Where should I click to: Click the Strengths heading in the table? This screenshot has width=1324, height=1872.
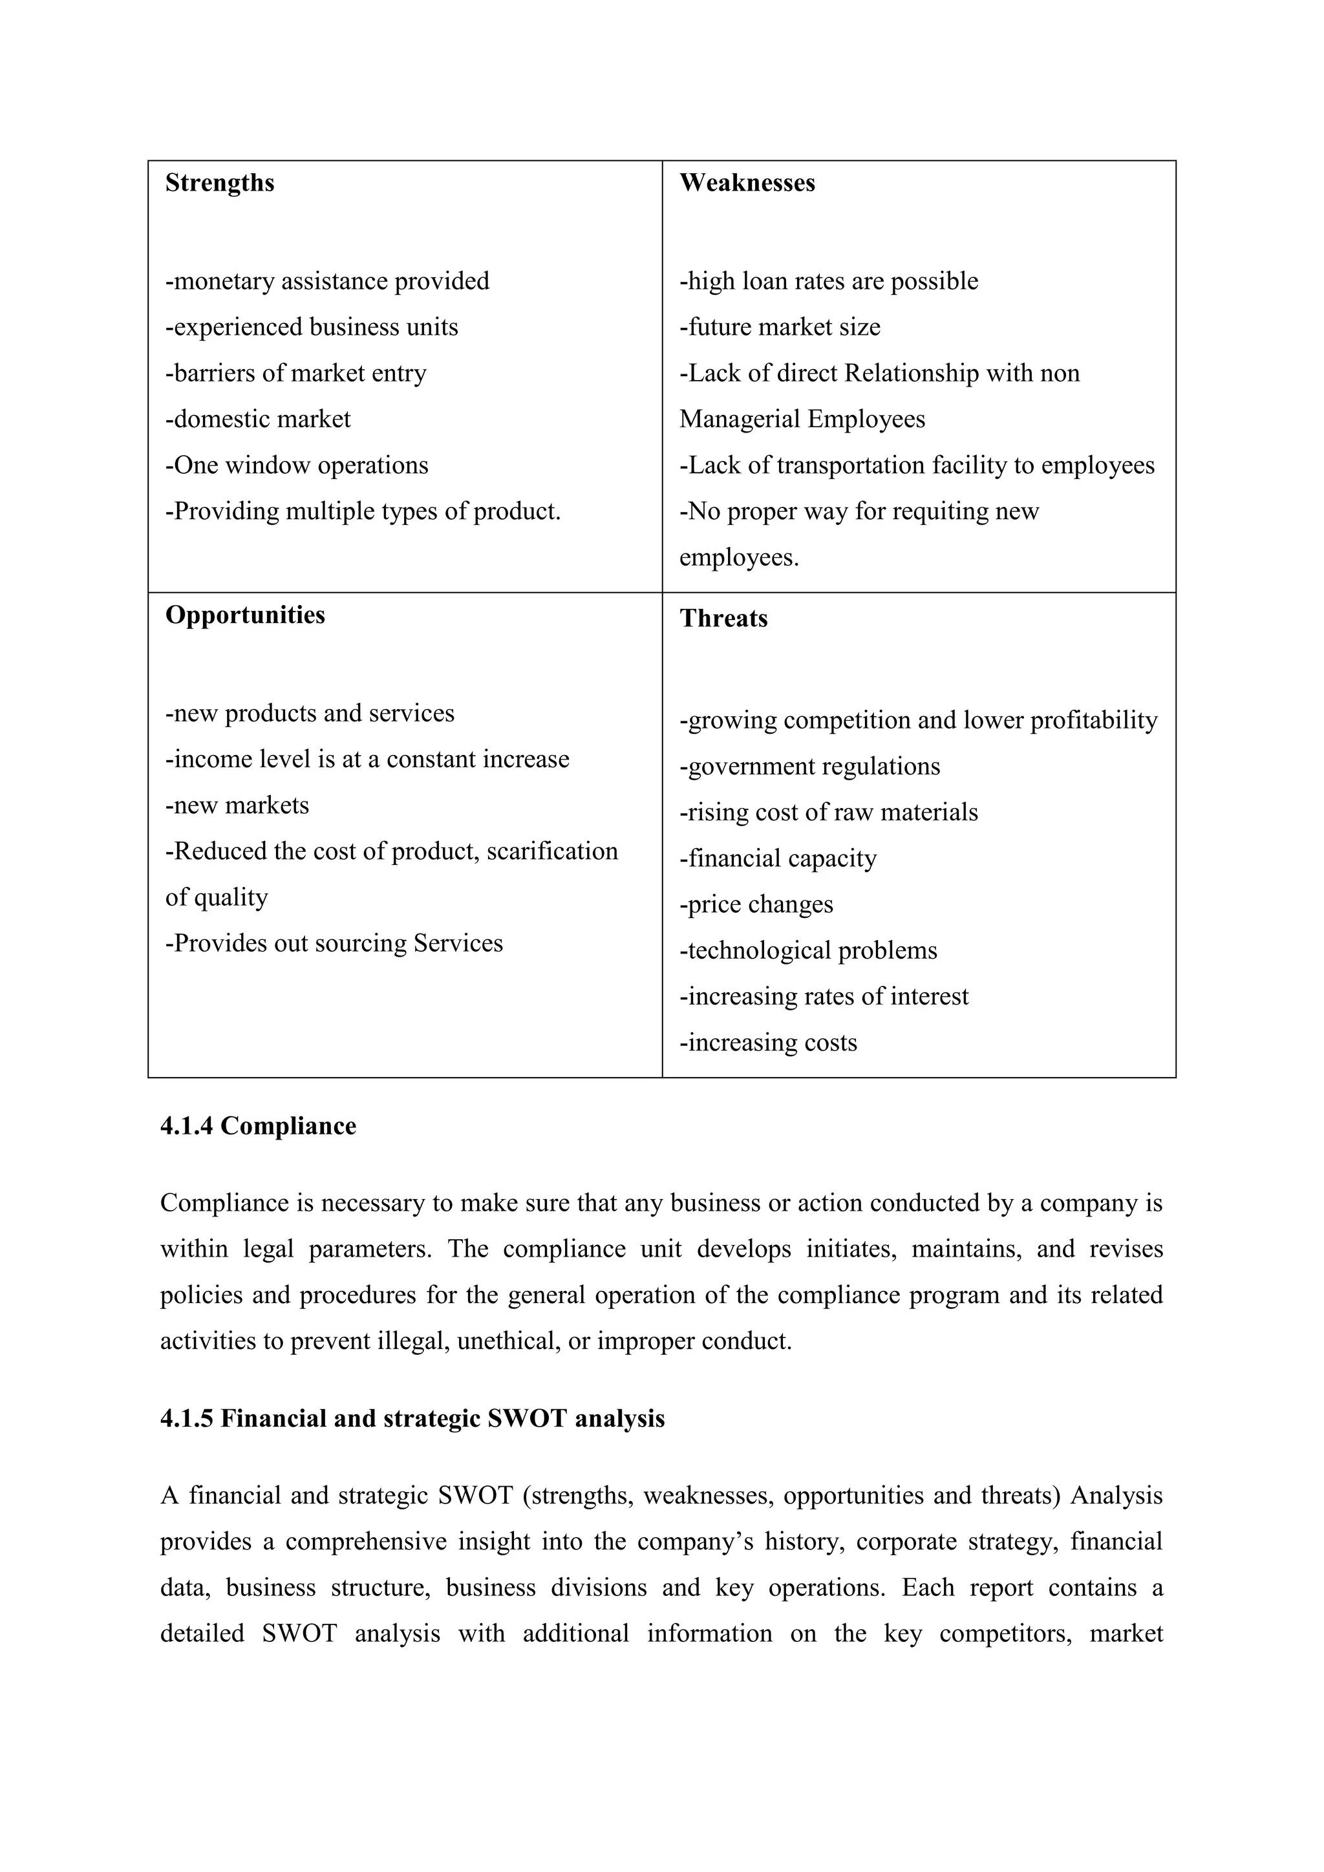pos(219,183)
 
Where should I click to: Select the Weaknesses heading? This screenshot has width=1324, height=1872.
pos(747,183)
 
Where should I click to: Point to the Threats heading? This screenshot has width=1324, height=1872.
pos(723,619)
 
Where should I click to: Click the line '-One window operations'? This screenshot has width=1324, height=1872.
pos(297,465)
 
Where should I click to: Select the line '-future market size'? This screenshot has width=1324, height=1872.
pos(780,327)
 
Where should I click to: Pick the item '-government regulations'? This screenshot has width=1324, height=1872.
pos(809,767)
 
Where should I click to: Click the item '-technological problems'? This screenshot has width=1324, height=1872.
pos(808,951)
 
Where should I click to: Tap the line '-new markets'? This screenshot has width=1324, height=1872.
pos(237,805)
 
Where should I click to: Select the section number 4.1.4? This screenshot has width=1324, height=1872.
pos(187,1126)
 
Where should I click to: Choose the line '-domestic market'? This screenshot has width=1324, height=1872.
pos(258,419)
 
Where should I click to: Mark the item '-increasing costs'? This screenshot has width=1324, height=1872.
pos(768,1043)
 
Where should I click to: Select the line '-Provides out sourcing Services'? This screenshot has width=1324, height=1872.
pos(334,943)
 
